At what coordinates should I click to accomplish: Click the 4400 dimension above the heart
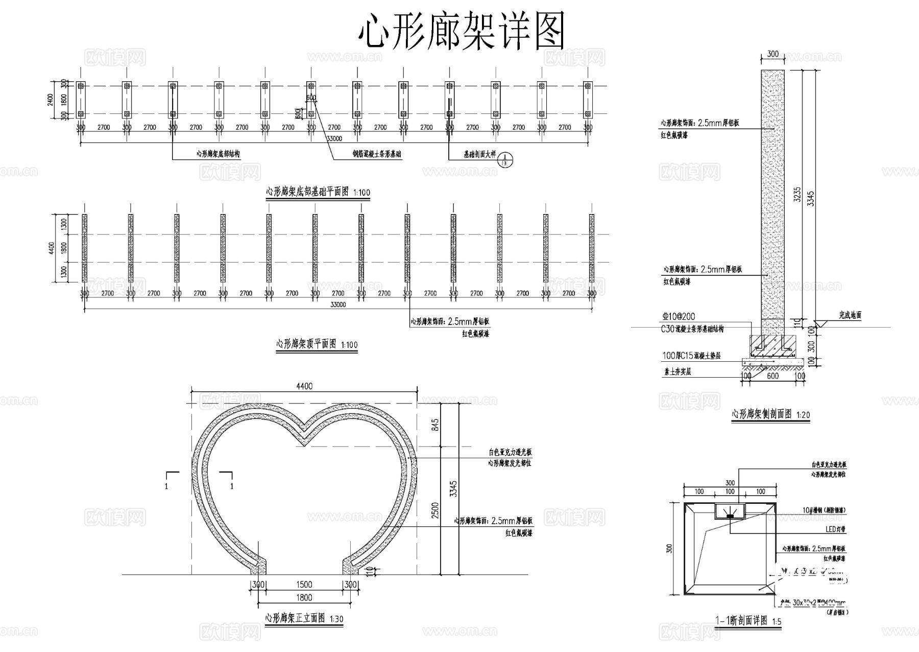coord(304,386)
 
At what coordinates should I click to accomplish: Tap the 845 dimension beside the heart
coord(435,425)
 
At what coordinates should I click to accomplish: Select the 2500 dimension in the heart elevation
coord(435,509)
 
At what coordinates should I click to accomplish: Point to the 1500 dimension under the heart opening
coord(304,585)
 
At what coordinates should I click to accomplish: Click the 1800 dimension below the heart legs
coord(304,597)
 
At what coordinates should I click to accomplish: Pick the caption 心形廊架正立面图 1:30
coord(304,618)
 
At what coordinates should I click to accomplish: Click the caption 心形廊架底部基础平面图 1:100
coord(318,192)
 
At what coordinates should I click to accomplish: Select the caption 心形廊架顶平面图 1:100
coord(317,344)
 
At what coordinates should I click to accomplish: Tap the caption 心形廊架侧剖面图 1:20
coord(771,414)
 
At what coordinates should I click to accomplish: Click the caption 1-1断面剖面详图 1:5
coord(748,621)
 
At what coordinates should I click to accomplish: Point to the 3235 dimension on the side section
coord(797,194)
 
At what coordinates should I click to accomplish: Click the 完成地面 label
coord(850,315)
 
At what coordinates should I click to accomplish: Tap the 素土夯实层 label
coord(678,372)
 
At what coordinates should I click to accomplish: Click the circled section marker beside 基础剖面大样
coord(505,159)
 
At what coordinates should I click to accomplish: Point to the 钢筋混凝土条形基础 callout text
coord(377,153)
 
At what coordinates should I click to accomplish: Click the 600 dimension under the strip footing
coord(773,376)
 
